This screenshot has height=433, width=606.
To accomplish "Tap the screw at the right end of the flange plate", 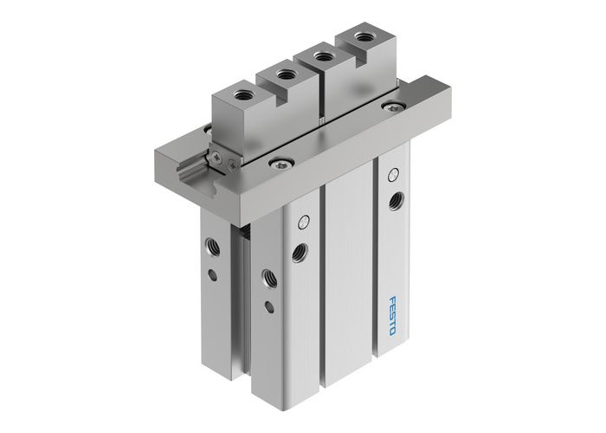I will (396, 107).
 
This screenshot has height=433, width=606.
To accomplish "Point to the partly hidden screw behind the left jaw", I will (208, 130).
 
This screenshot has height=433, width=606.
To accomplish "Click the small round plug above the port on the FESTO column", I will (395, 172).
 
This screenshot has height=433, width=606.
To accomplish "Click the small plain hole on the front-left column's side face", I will (270, 306).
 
